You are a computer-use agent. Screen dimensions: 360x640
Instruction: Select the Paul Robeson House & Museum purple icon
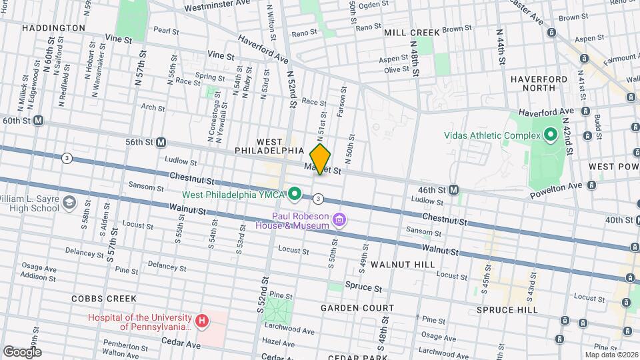(340, 219)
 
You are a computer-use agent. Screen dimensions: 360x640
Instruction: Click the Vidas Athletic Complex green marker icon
(550, 135)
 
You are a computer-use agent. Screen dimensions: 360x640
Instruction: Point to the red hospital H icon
(201, 321)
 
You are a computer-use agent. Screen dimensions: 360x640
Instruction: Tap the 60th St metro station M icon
(39, 121)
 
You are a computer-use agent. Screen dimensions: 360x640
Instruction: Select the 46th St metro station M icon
(453, 190)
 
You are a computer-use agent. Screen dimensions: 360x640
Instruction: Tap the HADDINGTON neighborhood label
(53, 28)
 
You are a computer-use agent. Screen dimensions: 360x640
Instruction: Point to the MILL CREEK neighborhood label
(411, 32)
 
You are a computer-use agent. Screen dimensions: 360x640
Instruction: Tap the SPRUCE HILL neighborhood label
(507, 310)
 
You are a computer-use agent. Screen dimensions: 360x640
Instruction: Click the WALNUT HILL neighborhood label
(403, 265)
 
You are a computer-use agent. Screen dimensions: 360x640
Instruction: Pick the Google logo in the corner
(22, 351)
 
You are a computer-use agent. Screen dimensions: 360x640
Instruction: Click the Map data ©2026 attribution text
(610, 355)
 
